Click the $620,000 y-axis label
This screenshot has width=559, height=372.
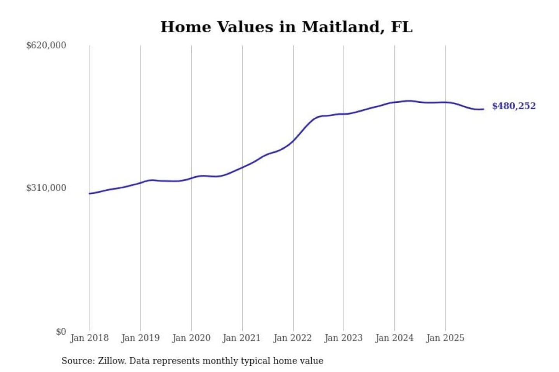pyautogui.click(x=46, y=45)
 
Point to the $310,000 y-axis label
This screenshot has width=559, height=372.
pyautogui.click(x=46, y=188)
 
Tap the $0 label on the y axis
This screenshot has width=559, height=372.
pyautogui.click(x=61, y=332)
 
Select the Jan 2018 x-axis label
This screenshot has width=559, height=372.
pyautogui.click(x=89, y=338)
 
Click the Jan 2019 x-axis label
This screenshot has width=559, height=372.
pyautogui.click(x=140, y=338)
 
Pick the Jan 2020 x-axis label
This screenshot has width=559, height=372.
pyautogui.click(x=191, y=338)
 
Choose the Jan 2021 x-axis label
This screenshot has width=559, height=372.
pyautogui.click(x=241, y=338)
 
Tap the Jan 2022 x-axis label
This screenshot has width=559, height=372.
pyautogui.click(x=292, y=338)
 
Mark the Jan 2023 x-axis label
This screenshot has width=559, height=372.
pyautogui.click(x=343, y=338)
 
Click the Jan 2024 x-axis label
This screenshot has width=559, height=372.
pyautogui.click(x=394, y=338)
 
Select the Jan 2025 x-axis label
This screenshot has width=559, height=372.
pyautogui.click(x=445, y=338)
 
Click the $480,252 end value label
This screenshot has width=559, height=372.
pyautogui.click(x=514, y=106)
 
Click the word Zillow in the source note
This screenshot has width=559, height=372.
pyautogui.click(x=111, y=361)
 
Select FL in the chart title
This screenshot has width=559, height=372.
pyautogui.click(x=401, y=27)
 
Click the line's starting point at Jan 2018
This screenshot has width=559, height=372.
pyautogui.click(x=90, y=193)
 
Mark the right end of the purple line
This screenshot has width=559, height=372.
pyautogui.click(x=483, y=109)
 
